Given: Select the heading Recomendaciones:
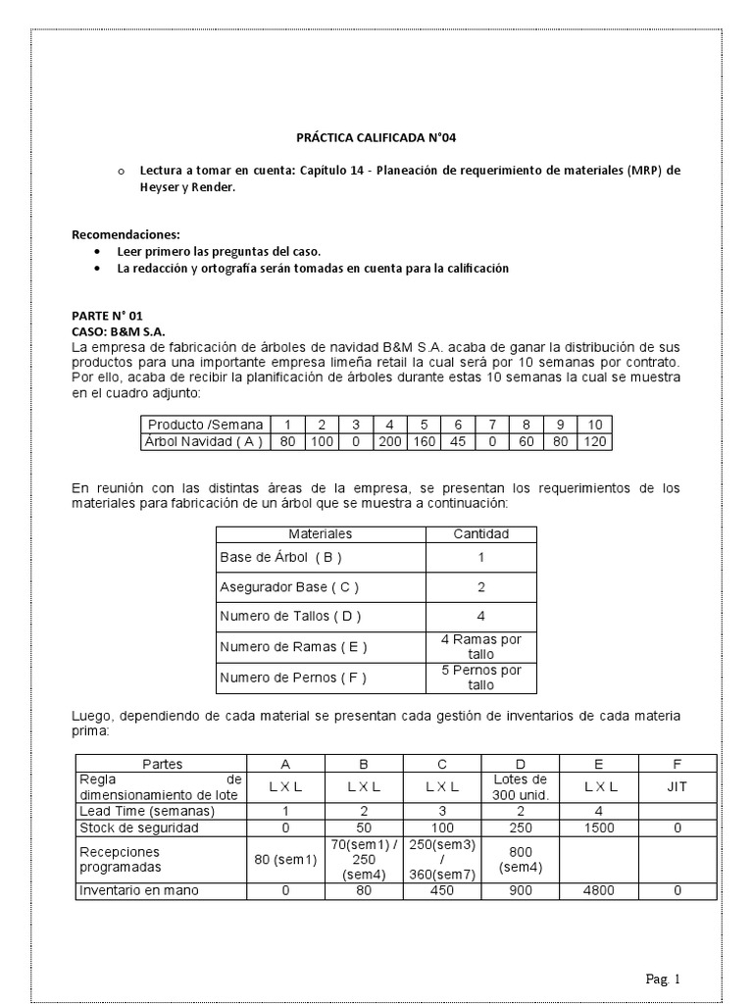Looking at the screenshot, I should point(126,235).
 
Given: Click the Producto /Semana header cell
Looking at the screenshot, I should point(205,425).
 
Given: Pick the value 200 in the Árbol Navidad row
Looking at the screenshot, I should point(389,441).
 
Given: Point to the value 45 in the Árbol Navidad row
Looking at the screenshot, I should point(457,441).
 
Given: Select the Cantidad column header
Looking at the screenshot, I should point(480,533).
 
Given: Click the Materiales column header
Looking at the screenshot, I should point(320,533).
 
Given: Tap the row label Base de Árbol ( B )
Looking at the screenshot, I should point(280,557).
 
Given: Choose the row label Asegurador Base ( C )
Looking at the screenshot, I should point(289,587).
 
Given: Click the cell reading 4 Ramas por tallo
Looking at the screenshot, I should point(480,647).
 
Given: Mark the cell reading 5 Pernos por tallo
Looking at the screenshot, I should point(480,678).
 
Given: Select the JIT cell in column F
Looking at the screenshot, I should point(677,786).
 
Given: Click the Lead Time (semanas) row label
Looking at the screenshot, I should point(147,811).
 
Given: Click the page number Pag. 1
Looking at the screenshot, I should point(663,979).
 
